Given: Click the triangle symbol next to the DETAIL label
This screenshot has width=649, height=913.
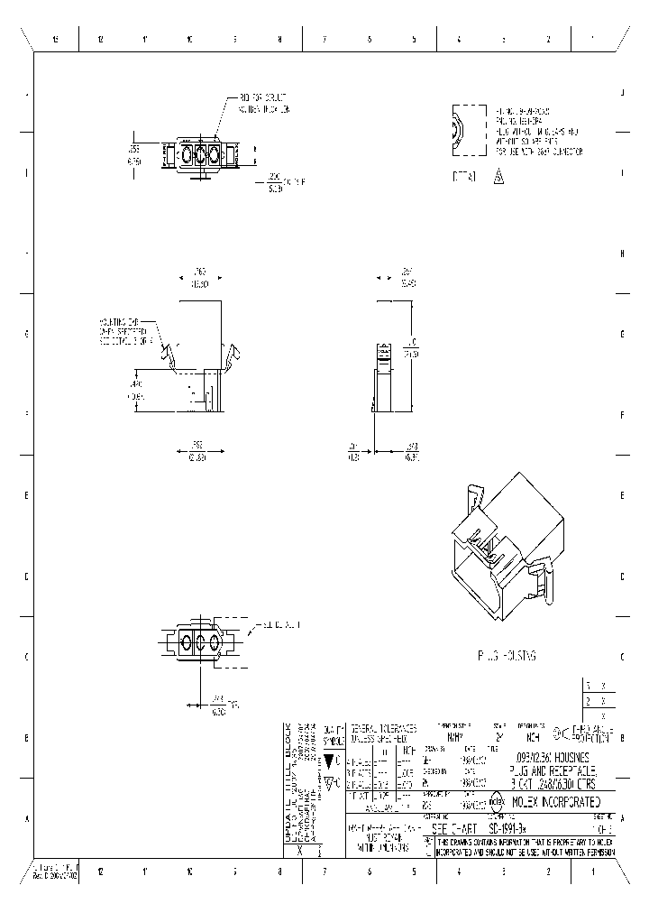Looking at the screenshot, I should [x=498, y=178].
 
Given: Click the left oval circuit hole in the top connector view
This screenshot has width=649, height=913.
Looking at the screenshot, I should [x=188, y=154].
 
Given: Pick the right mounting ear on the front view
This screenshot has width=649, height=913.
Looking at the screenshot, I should [x=233, y=355].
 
